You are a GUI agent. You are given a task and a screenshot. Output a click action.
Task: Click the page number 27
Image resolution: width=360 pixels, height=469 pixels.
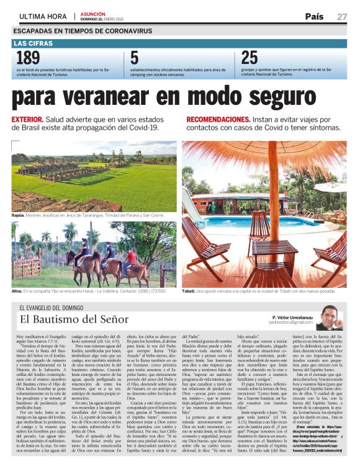[x=341, y=17]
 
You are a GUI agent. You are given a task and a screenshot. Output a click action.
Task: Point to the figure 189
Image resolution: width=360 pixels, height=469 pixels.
[x=27, y=58]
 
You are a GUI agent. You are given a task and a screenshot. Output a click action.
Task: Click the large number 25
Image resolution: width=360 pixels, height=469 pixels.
[x=250, y=58]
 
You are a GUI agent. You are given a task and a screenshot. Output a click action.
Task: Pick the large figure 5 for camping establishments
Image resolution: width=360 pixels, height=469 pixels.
[x=134, y=58]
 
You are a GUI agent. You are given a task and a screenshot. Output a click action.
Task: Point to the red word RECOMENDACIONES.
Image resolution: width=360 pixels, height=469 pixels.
[x=218, y=118]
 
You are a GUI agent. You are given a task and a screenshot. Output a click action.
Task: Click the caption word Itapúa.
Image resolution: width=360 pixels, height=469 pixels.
[x=19, y=214]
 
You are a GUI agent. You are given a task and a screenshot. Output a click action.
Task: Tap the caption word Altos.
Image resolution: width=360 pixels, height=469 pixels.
[x=17, y=291]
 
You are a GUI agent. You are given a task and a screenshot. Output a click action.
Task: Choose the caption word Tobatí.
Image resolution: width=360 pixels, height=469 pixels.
[x=190, y=291]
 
